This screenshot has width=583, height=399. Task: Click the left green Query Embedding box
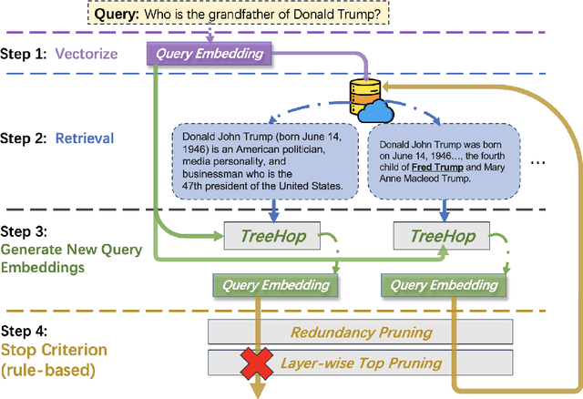(276, 285)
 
